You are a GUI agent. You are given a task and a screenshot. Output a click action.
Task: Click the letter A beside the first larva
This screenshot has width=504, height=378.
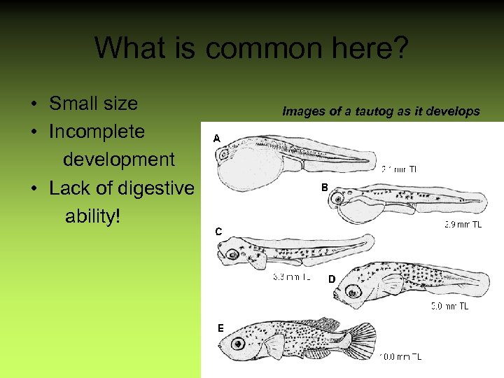pyautogui.click(x=217, y=139)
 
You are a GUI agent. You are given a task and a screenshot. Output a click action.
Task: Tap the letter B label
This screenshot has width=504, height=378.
pyautogui.click(x=324, y=188)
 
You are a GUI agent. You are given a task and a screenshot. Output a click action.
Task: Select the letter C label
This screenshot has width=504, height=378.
pyautogui.click(x=218, y=231)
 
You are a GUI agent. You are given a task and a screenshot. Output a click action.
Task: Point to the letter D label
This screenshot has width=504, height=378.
pyautogui.click(x=332, y=279)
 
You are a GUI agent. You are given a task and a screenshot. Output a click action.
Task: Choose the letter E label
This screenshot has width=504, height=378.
pyautogui.click(x=220, y=328)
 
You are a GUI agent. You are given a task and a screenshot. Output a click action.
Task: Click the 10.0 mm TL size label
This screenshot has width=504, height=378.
pyautogui.click(x=400, y=357)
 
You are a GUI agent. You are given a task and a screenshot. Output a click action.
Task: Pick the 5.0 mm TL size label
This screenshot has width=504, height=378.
pyautogui.click(x=449, y=306)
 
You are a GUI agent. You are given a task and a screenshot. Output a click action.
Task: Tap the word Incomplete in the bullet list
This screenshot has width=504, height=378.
pyautogui.click(x=97, y=132)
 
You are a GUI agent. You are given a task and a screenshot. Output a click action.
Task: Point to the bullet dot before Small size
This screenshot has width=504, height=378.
pyautogui.click(x=34, y=105)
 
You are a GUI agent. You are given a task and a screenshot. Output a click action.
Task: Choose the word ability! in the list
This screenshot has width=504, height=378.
pyautogui.click(x=92, y=216)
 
